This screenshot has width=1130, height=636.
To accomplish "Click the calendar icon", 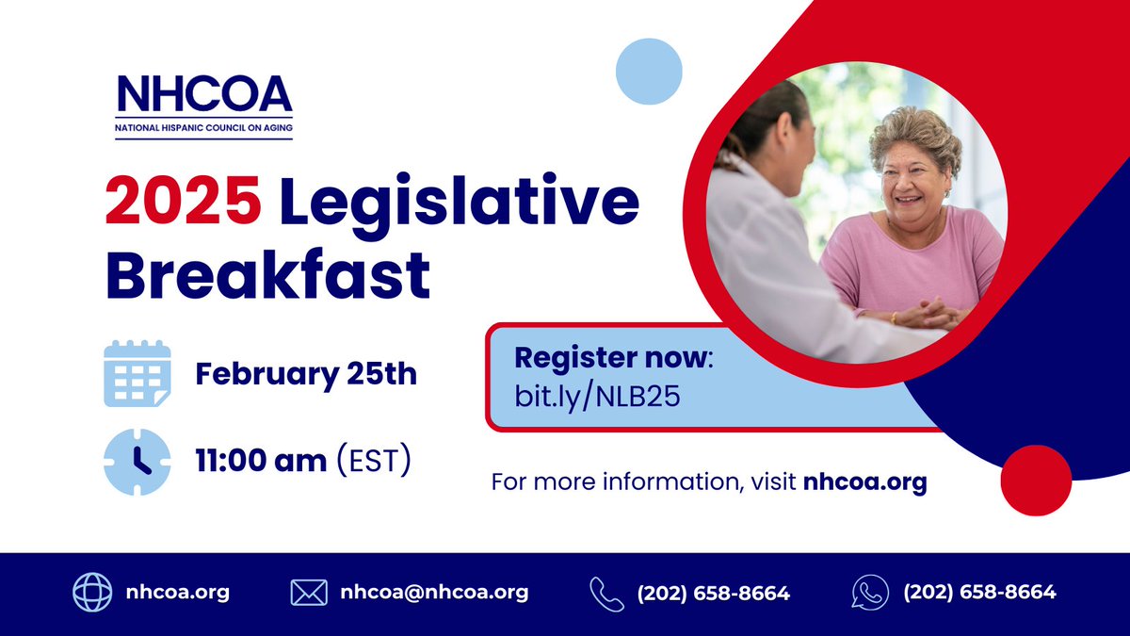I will click(137, 374).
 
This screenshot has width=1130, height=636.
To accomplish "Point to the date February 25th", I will click(306, 374).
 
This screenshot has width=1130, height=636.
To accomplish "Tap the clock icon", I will click(137, 462).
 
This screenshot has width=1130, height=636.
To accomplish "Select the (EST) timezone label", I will click(374, 462).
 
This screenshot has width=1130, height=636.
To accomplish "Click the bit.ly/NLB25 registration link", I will click(597, 396).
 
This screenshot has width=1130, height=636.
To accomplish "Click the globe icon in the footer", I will click(92, 593).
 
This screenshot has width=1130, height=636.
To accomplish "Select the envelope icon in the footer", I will click(308, 593).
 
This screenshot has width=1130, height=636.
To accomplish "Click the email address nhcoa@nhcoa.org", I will click(434, 593).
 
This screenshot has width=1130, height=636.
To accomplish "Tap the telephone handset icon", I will click(607, 594).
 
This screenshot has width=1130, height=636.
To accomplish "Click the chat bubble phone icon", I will click(870, 593).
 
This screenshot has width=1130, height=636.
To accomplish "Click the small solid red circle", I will click(1036, 481).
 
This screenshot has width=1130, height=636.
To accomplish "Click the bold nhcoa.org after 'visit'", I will click(864, 482).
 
